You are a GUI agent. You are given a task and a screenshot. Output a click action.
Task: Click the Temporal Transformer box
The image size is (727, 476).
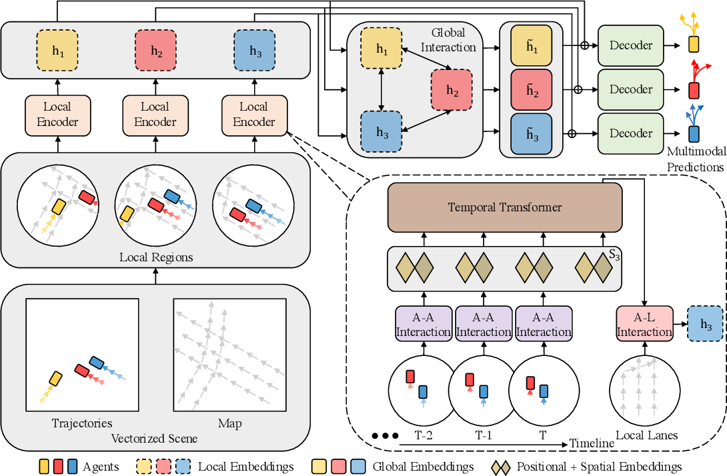pyautogui.click(x=504, y=207)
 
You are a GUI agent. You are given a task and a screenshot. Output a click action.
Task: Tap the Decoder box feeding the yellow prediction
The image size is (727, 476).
pyautogui.click(x=631, y=45)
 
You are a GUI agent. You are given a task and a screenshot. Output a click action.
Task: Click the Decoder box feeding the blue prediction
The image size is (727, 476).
pyautogui.click(x=631, y=133)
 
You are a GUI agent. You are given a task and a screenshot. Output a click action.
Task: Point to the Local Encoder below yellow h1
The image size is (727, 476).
pyautogui.click(x=57, y=114)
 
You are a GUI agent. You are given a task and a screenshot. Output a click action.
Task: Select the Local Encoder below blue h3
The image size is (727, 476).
pyautogui.click(x=253, y=114)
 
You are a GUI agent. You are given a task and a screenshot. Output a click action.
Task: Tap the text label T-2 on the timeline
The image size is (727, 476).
pyautogui.click(x=425, y=435)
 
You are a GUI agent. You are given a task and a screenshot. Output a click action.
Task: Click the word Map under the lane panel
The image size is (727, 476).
pyautogui.click(x=229, y=424)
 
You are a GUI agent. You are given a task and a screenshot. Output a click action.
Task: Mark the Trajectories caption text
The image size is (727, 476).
pyautogui.click(x=82, y=424)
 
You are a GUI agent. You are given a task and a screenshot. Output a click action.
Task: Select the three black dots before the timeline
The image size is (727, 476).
pyautogui.click(x=385, y=436)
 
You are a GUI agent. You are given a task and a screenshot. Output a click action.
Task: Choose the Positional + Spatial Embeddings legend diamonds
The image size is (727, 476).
pyautogui.click(x=502, y=466)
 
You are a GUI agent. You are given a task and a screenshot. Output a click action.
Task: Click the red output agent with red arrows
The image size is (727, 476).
pyautogui.click(x=694, y=89)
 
